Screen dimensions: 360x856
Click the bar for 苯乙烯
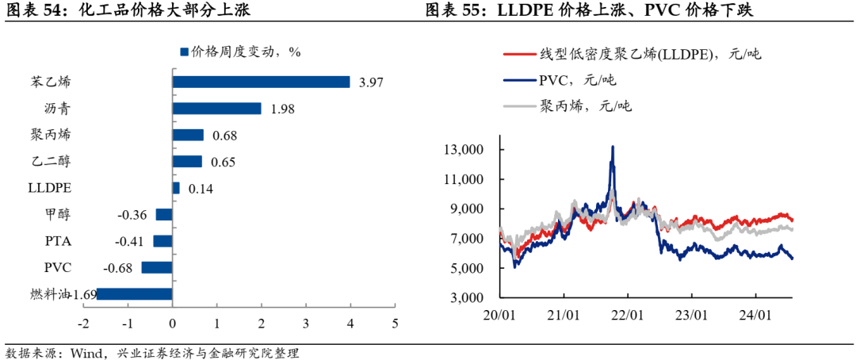261,82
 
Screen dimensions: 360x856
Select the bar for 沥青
216,109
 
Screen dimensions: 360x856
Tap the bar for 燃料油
134,294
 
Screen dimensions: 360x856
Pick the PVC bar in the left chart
157,267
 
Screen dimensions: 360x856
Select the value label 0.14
197,189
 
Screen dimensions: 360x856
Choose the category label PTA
60,241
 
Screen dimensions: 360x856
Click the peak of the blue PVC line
612,147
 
